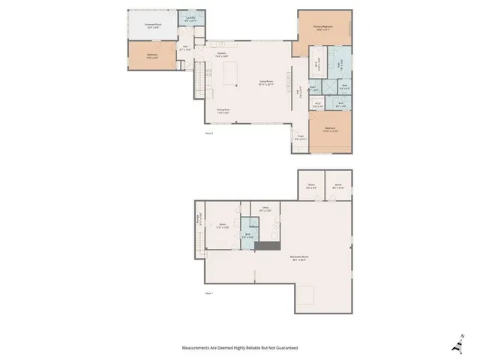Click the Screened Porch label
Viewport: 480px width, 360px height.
tap(154, 25)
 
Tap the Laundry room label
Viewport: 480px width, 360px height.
tap(190, 19)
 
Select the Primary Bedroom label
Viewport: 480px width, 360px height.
tap(323, 28)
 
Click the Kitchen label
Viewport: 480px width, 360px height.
tap(222, 55)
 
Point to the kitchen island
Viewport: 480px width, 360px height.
tap(229, 75)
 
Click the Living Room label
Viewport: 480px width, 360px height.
tap(266, 82)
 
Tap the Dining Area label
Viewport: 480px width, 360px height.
tap(223, 110)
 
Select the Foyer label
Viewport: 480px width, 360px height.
tap(299, 138)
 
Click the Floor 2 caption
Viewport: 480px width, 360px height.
tap(209, 133)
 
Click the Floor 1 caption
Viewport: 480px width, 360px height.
tap(209, 292)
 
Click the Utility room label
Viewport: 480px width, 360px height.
tap(265, 209)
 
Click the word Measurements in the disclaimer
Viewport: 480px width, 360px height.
tap(197, 348)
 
